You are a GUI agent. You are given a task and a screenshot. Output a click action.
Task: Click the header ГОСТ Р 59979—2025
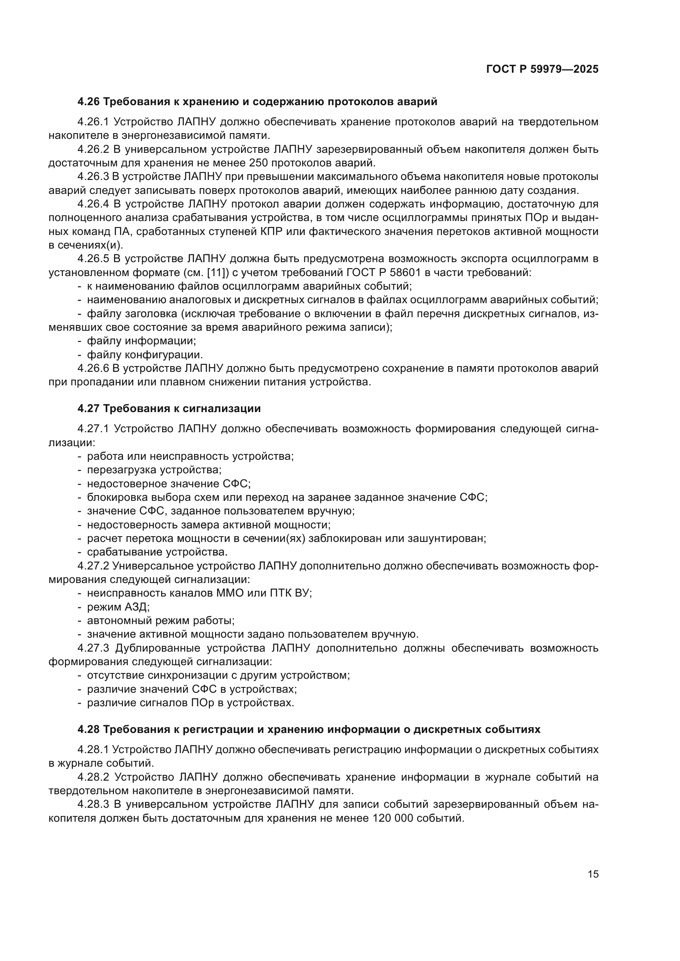click(542, 69)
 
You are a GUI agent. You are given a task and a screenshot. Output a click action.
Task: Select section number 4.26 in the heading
click(88, 102)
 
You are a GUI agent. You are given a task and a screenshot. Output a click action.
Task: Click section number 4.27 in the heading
click(88, 408)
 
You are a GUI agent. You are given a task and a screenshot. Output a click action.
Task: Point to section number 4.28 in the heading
click(88, 730)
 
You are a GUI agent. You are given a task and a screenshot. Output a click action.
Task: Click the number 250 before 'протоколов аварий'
click(259, 163)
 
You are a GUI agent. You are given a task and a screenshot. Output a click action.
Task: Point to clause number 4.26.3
click(93, 177)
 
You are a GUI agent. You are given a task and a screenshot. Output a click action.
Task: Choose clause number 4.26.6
click(93, 368)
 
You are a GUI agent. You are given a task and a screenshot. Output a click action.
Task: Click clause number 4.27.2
click(93, 566)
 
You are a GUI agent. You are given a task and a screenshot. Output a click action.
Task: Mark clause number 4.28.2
click(93, 777)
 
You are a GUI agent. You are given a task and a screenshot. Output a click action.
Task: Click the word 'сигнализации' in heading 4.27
click(222, 408)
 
